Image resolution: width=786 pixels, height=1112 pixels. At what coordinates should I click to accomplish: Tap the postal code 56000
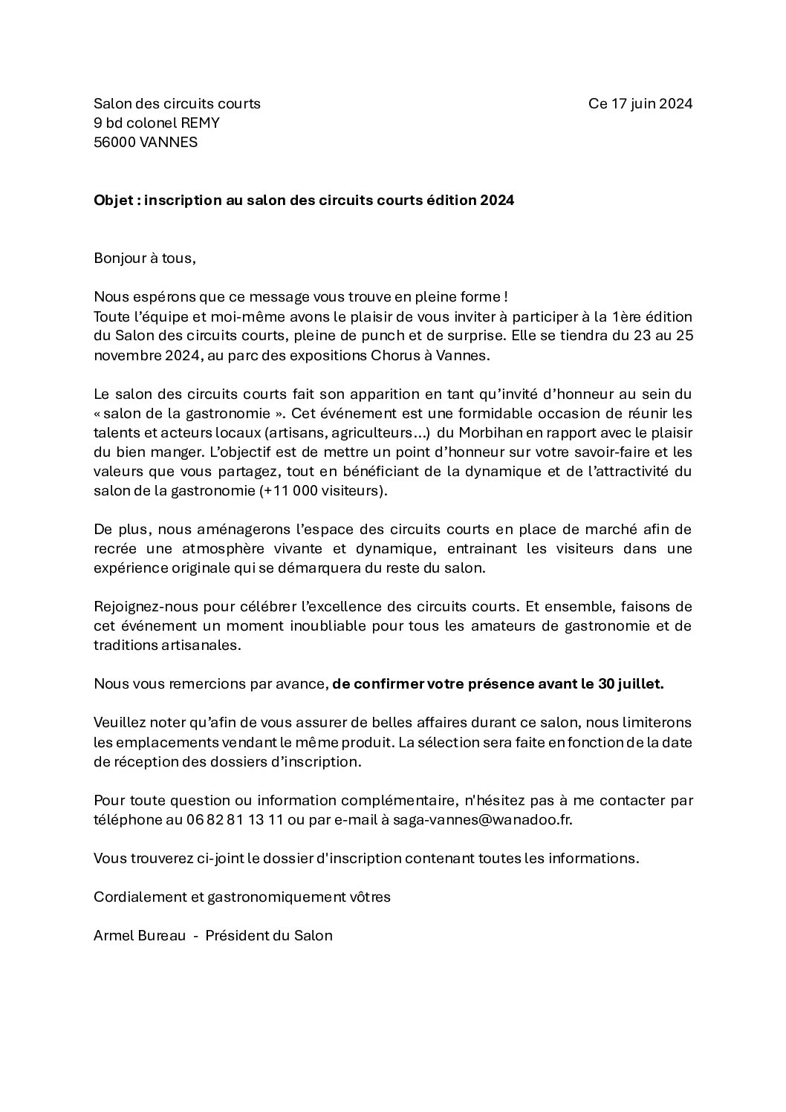[114, 143]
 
